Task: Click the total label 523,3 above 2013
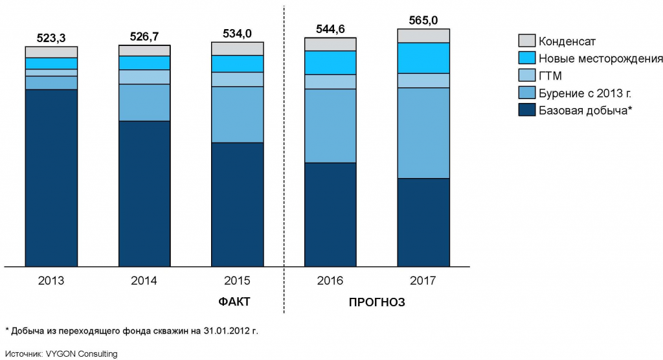51,38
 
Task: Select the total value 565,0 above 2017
423,19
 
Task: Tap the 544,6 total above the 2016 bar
330,28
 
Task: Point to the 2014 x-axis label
144,281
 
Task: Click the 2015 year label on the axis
237,281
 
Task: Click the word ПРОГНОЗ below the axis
377,302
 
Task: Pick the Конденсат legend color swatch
527,41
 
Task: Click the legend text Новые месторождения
601,58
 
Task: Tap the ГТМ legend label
550,76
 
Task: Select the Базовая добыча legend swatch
527,111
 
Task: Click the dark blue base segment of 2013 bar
51,177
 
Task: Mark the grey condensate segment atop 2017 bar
423,36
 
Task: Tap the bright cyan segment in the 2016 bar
330,62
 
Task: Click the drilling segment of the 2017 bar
423,133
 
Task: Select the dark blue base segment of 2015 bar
237,204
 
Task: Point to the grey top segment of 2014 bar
144,51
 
